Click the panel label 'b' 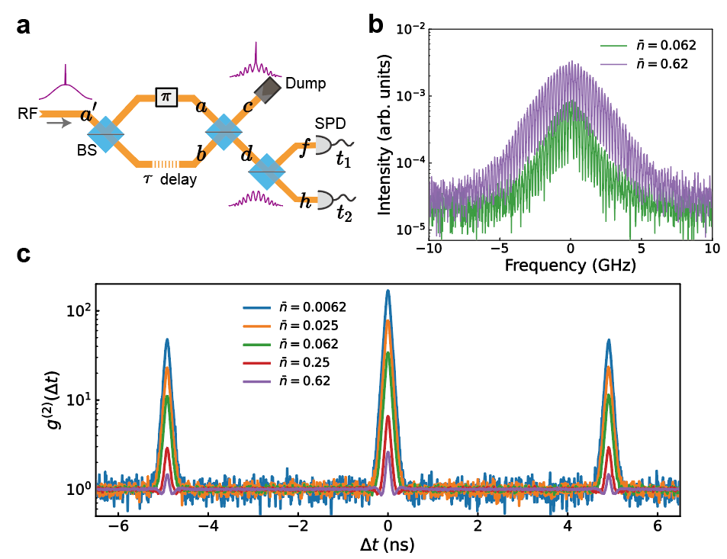point(375,26)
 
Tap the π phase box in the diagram point(165,97)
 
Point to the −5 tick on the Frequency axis point(497,249)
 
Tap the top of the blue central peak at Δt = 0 point(388,291)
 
